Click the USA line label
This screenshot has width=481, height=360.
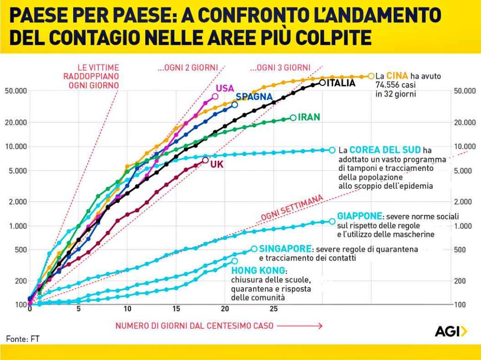coord(225,88)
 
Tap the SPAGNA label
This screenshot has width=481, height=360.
coord(254,97)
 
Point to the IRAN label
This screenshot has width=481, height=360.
coord(309,117)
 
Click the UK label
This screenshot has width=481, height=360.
coord(217,164)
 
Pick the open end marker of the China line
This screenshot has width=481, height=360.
coord(371,76)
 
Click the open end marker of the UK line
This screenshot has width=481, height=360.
coord(205,160)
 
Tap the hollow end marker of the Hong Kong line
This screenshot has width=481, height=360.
coord(235,260)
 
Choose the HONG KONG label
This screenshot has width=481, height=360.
coord(258,271)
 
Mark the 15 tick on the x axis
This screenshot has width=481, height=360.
coord(176,309)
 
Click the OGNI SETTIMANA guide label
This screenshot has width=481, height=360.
coord(292,208)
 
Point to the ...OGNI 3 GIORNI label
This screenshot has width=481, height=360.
coord(280,68)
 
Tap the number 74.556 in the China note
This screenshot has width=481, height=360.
coord(389,85)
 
